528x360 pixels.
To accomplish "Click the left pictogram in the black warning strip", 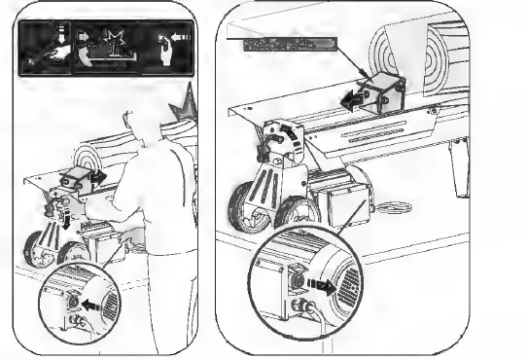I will tap(45, 46).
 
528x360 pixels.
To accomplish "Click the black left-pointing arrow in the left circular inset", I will tap(88, 304).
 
